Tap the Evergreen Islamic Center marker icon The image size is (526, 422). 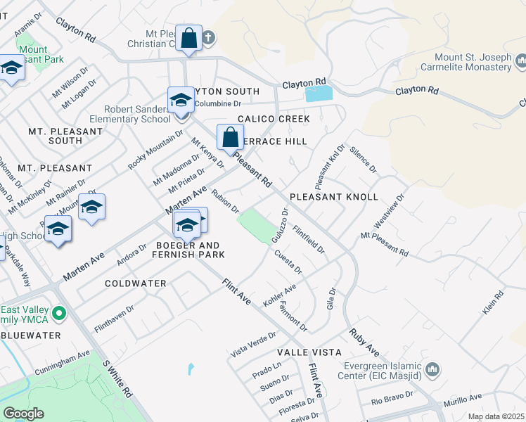point(432,369)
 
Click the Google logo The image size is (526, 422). point(23,414)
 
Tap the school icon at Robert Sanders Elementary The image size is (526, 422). point(181,100)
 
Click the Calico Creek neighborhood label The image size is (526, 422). point(273,120)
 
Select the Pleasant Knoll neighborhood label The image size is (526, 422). point(334,197)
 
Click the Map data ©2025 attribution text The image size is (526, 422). point(496,416)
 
